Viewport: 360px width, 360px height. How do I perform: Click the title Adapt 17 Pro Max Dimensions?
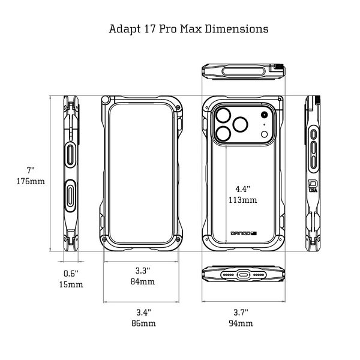(188, 28)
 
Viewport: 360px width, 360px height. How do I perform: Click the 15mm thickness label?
(72, 284)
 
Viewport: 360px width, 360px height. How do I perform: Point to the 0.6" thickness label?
(72, 273)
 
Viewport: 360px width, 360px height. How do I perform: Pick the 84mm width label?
(143, 281)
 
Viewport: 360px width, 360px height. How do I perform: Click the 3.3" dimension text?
(143, 270)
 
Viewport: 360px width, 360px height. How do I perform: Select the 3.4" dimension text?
(143, 312)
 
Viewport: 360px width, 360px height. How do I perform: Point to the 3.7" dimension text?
(241, 312)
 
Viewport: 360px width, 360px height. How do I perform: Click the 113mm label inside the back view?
(242, 200)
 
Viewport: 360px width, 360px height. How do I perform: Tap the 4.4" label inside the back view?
(242, 188)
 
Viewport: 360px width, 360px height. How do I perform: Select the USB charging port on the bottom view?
(243, 274)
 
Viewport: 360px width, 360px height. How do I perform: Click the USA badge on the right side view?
(313, 186)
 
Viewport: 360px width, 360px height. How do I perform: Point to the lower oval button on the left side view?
(71, 195)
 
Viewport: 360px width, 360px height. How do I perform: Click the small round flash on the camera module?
(264, 115)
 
